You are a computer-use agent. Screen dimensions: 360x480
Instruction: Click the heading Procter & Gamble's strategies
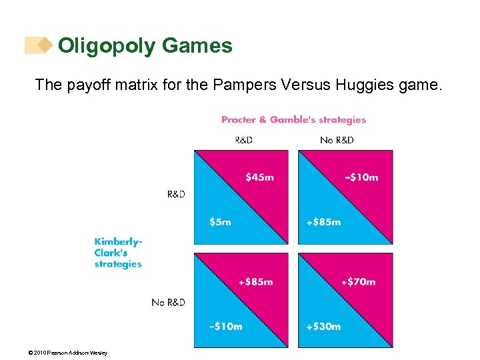point(293,120)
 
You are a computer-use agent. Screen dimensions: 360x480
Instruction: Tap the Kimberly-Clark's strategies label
point(118,253)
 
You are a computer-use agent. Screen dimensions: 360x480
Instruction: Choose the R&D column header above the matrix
point(243,140)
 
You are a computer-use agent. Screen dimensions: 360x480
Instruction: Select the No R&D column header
point(337,140)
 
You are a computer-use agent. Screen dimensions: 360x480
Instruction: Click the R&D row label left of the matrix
point(176,194)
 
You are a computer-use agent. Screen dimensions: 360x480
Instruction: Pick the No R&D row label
point(168,302)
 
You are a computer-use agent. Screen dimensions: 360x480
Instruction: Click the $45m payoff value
point(259,177)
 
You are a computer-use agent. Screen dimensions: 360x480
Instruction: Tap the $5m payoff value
point(220,222)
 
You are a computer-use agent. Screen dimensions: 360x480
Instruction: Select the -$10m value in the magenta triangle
point(361,177)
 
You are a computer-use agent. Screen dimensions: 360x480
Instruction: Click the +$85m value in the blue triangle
point(323,222)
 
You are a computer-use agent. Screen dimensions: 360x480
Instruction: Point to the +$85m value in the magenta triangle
point(255,281)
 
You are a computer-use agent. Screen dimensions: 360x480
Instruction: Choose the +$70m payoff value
point(358,281)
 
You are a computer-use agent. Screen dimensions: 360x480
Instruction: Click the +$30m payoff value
point(323,326)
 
